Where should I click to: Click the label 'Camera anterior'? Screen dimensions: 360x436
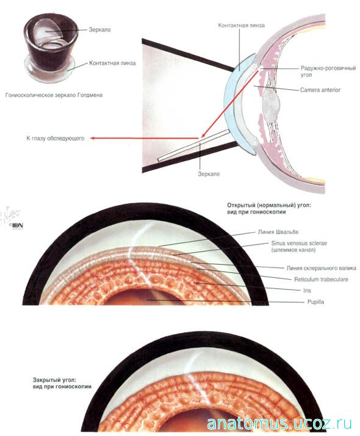pyautogui.click(x=320, y=90)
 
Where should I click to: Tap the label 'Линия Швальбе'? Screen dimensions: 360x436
pyautogui.click(x=278, y=232)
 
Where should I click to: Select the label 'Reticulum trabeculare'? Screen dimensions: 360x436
pyautogui.click(x=321, y=279)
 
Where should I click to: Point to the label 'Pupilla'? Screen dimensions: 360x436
pyautogui.click(x=315, y=302)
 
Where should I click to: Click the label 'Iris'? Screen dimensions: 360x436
pyautogui.click(x=307, y=290)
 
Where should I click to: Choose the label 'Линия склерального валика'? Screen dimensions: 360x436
pyautogui.click(x=321, y=268)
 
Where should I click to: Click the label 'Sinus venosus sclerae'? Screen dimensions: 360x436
pyautogui.click(x=299, y=243)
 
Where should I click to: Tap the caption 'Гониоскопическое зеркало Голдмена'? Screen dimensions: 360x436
pyautogui.click(x=54, y=95)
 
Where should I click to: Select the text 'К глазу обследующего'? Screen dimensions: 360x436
pyautogui.click(x=56, y=138)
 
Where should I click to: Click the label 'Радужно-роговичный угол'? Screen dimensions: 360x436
pyautogui.click(x=328, y=71)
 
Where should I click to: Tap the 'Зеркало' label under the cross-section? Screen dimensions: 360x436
pyautogui.click(x=209, y=174)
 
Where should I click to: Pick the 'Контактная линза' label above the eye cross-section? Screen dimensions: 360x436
pyautogui.click(x=241, y=25)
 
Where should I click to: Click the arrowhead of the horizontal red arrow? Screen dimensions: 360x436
pyautogui.click(x=93, y=138)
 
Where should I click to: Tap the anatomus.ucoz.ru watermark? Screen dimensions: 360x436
pyautogui.click(x=279, y=424)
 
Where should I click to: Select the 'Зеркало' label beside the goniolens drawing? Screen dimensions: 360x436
pyautogui.click(x=99, y=29)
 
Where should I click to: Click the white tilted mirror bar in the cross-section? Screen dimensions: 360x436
pyautogui.click(x=193, y=145)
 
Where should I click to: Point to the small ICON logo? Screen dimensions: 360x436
pyautogui.click(x=17, y=226)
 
